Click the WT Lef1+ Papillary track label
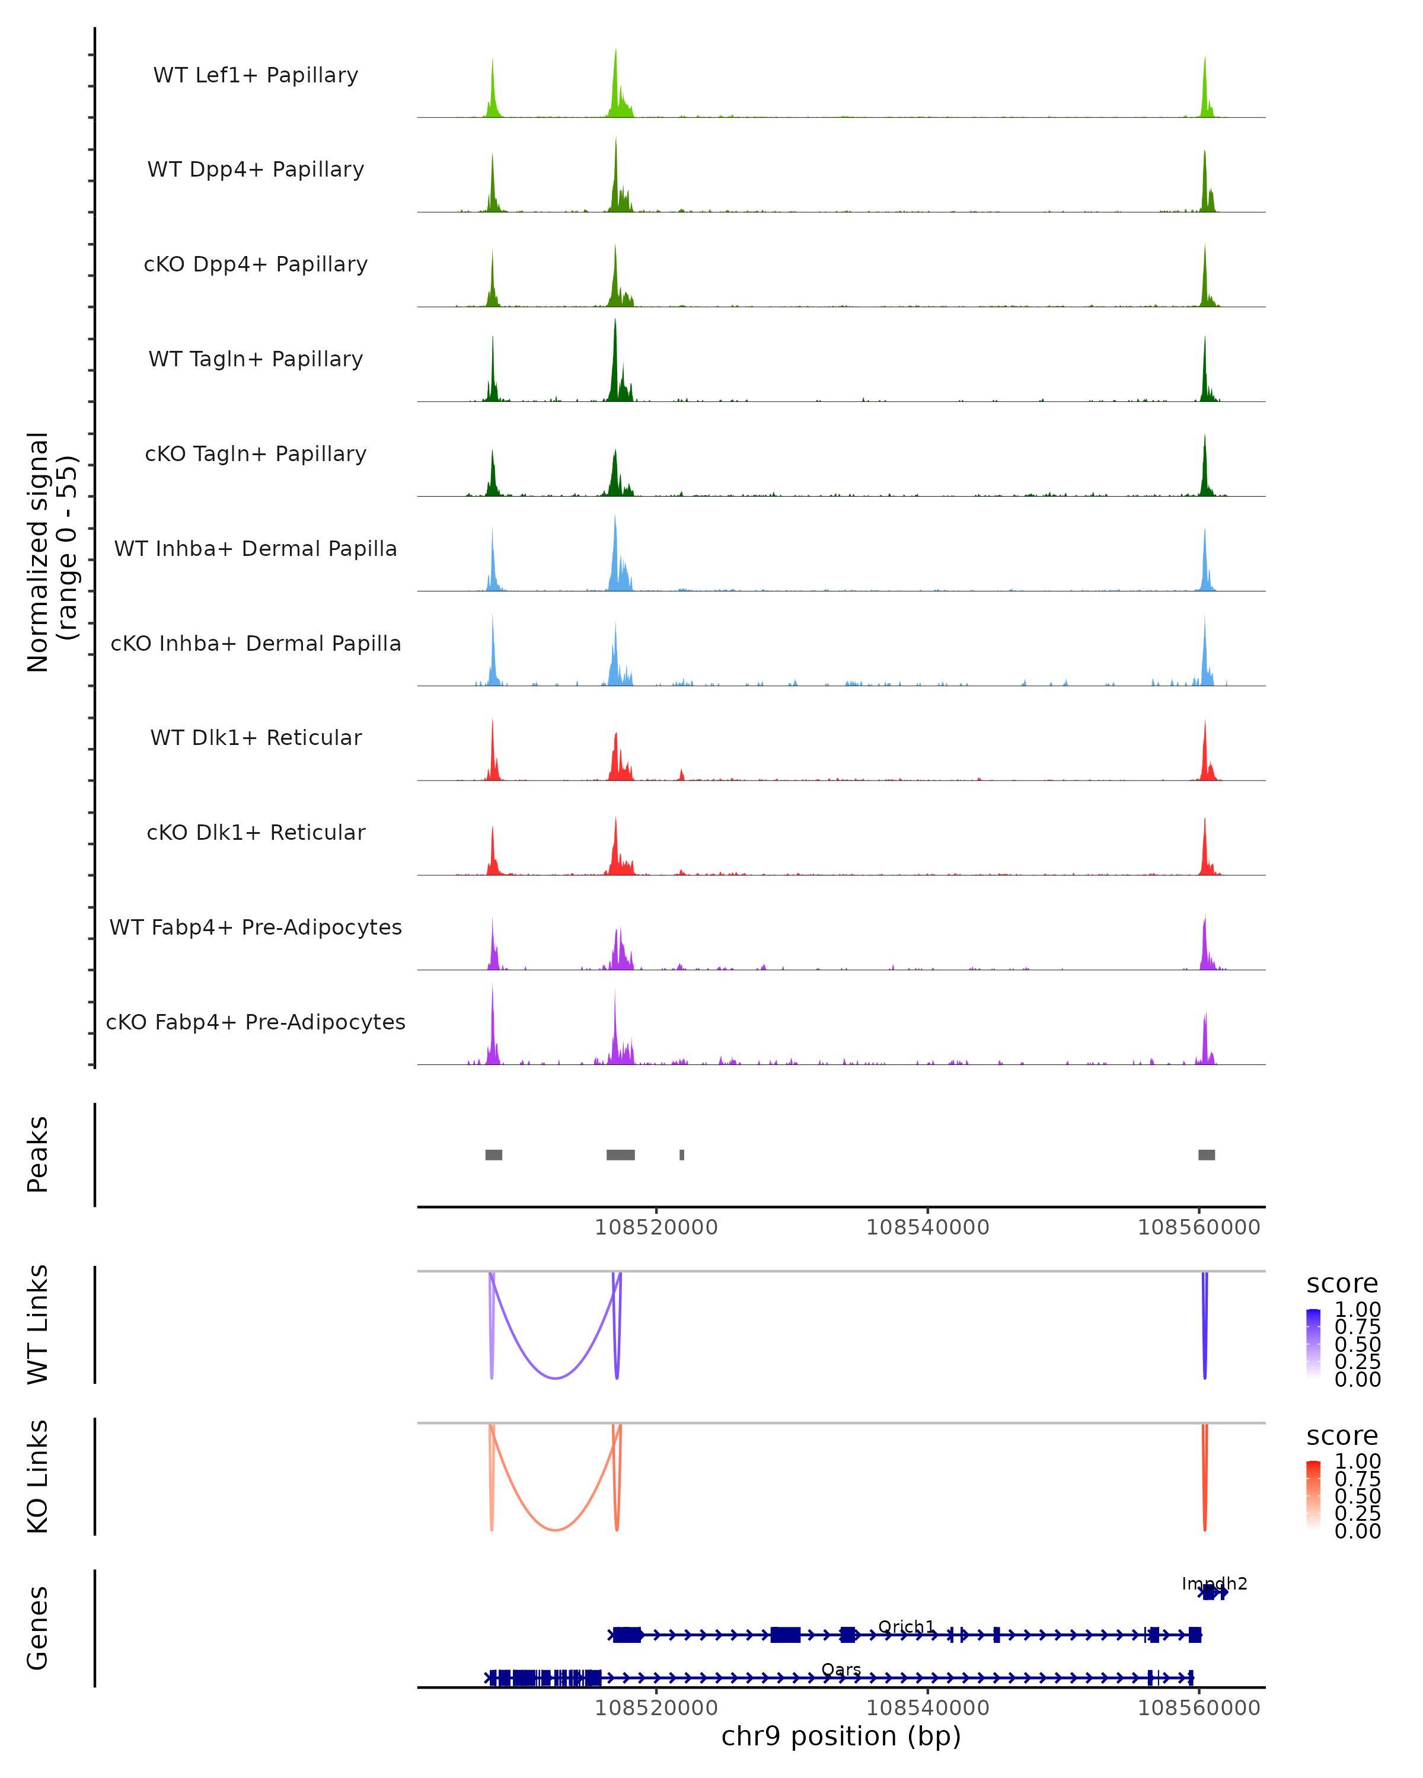point(256,75)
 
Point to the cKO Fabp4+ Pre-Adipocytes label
point(256,1022)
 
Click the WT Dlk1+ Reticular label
point(256,737)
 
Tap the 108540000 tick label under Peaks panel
point(927,1227)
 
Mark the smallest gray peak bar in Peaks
point(681,1155)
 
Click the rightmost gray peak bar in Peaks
point(1206,1155)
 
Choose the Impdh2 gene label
point(1214,1584)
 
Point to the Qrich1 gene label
point(906,1626)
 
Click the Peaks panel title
point(38,1155)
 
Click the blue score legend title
point(1341,1284)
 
